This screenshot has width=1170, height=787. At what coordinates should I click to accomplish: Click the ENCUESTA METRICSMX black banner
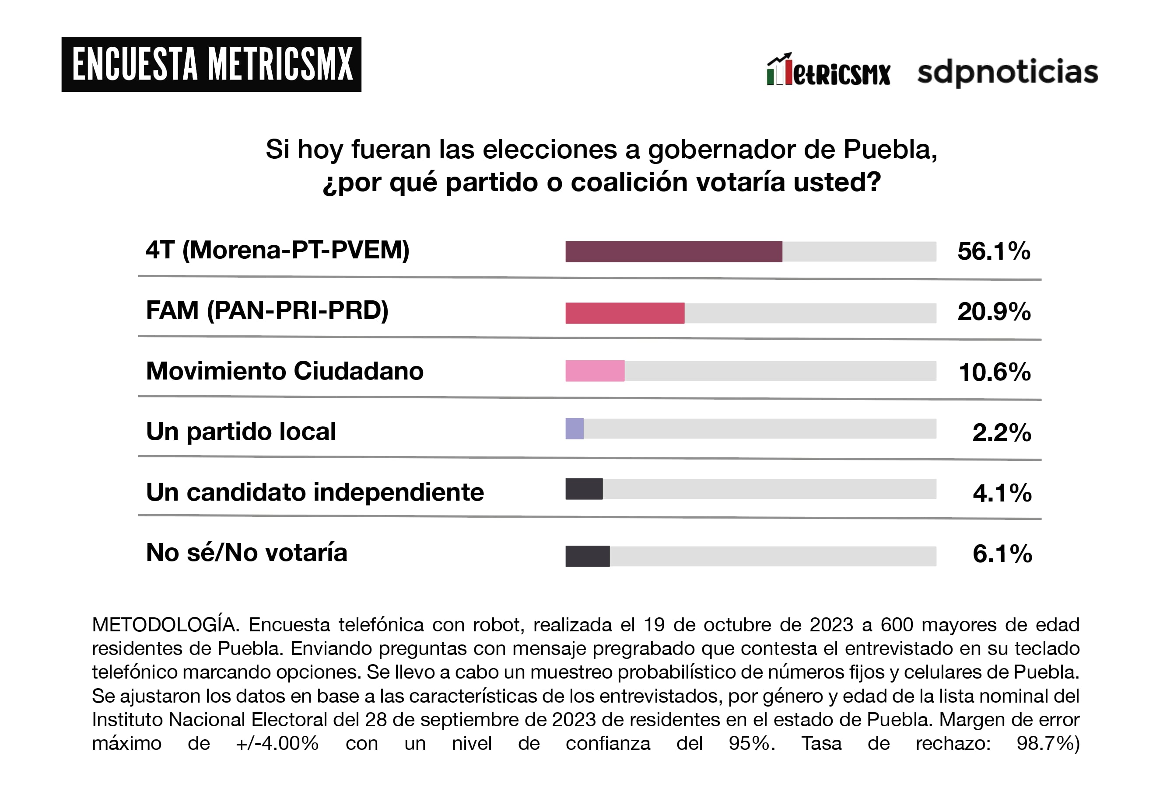(211, 64)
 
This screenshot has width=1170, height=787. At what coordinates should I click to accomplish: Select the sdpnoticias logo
(1007, 72)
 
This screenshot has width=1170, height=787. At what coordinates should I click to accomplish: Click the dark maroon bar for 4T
(673, 251)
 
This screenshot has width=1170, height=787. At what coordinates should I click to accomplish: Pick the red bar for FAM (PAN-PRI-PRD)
(625, 313)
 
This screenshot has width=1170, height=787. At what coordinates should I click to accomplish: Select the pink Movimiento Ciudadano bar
(595, 371)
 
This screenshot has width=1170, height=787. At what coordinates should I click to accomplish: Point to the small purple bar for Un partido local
(574, 428)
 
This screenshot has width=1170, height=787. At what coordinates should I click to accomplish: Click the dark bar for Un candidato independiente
(584, 489)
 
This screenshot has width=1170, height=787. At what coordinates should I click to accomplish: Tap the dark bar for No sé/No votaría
(588, 556)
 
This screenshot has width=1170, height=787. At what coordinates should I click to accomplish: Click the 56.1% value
(994, 251)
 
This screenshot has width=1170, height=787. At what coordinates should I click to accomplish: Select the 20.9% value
(994, 312)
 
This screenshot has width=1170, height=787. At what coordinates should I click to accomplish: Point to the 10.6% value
(994, 373)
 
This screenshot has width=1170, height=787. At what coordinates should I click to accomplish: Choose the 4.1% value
(1002, 493)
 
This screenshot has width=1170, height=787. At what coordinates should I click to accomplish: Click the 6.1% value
(1002, 554)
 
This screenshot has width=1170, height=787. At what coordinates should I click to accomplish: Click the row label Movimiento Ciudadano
(285, 371)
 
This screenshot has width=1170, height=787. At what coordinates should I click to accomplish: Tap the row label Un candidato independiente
(315, 492)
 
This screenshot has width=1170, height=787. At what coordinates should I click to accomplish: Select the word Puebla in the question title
(889, 150)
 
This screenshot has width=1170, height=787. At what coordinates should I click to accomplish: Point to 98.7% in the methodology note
(1047, 743)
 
